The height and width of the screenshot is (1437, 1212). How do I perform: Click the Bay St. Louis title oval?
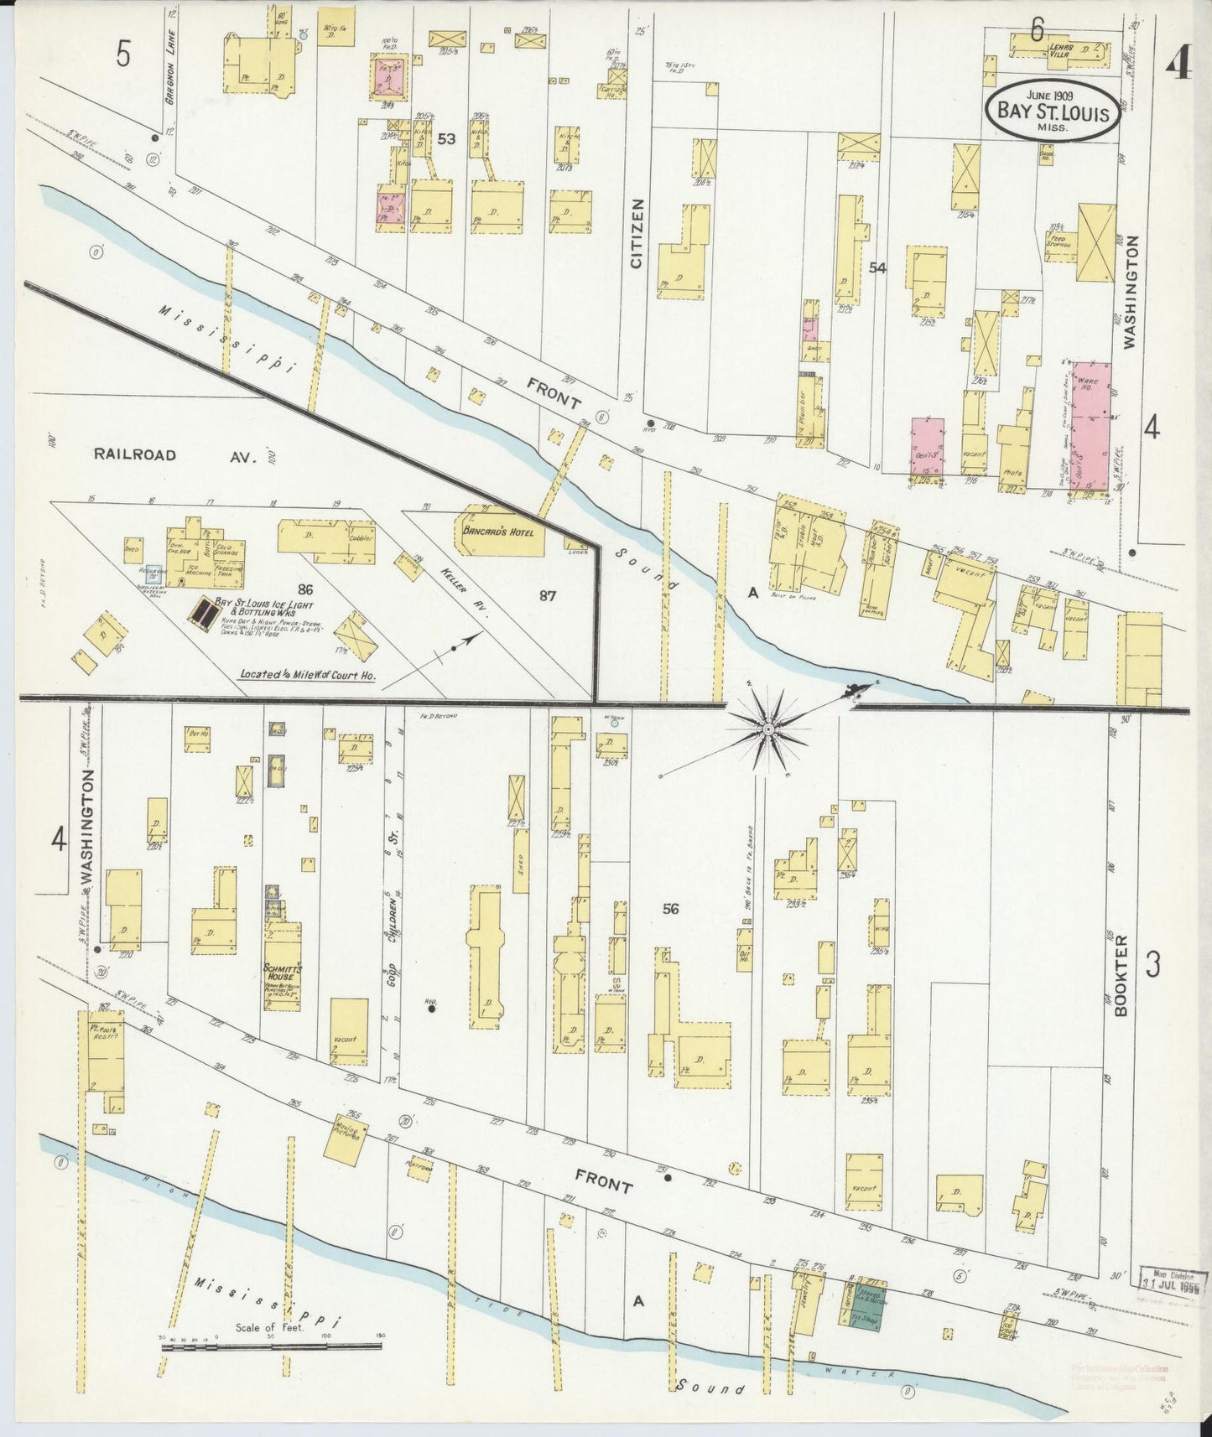[1053, 111]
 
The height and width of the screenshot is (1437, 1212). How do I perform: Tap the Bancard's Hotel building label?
[499, 530]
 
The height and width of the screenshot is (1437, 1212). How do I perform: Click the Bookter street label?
[1122, 975]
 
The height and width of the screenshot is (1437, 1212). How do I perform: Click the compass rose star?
[768, 729]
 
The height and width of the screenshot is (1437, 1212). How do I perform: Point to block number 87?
[547, 596]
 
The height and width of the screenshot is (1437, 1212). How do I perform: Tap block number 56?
[669, 909]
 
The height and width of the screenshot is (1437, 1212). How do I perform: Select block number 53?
[445, 138]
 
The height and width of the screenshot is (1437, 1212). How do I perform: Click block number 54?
[877, 268]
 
